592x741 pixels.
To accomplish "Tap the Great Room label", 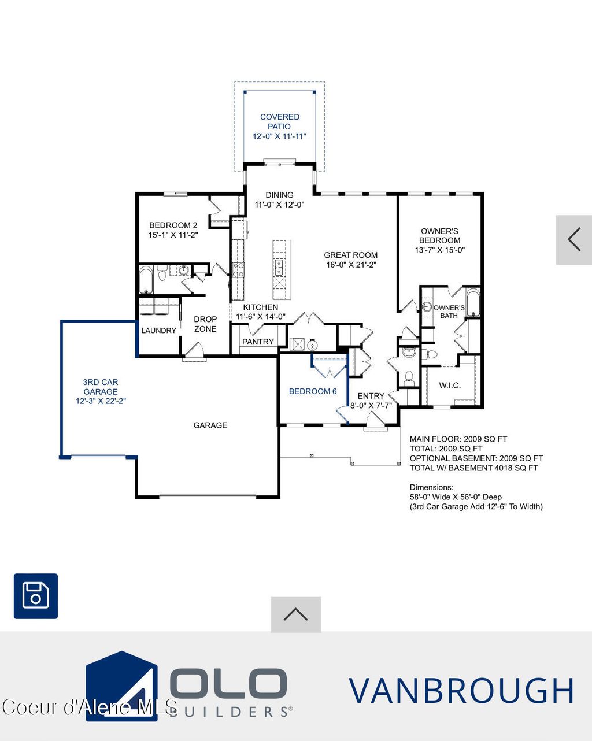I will point(350,255).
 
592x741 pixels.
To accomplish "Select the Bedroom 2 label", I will point(173,225).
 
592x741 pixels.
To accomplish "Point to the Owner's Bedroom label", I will point(439,236).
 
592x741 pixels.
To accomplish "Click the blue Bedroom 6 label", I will point(313,391).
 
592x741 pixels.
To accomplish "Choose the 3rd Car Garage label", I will point(101,387).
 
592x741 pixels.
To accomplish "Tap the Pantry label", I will point(258,342).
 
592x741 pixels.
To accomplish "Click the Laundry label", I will point(158,331).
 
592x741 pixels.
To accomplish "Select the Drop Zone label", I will point(205,324).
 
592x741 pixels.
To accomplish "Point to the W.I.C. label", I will point(450,385).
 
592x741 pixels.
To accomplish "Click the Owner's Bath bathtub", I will point(473,303).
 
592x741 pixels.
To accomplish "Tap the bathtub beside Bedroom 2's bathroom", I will point(146,280).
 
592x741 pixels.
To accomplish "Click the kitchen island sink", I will point(279,267).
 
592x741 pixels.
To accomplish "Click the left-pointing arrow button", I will point(573,239).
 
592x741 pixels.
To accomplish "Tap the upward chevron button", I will point(295,614).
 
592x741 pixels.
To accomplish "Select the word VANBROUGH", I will point(461,691).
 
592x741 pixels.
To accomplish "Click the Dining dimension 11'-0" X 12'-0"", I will point(279,205).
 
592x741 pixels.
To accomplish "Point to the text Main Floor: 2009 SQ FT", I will point(458,439).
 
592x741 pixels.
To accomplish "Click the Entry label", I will point(371,396).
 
